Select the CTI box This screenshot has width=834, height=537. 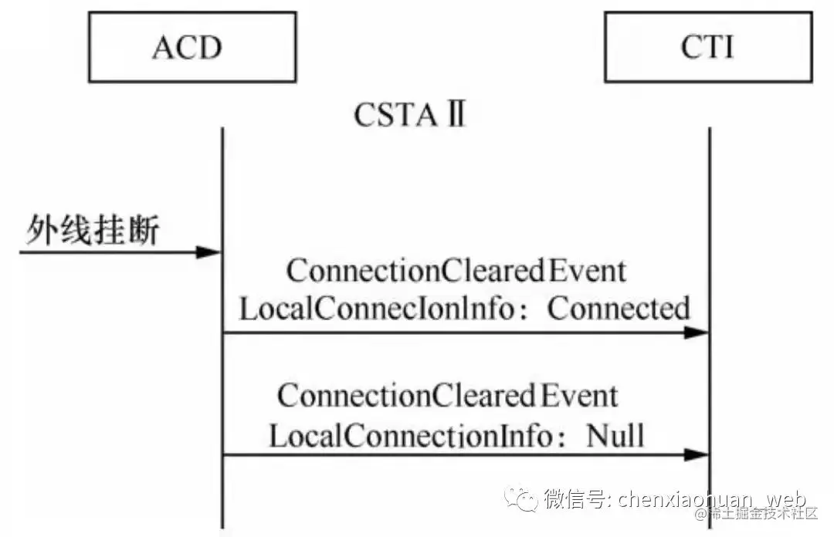coord(707,48)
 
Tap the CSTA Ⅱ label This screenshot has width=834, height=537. coord(410,116)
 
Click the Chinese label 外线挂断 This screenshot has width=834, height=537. coord(93,231)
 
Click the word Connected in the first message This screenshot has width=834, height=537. coord(619,309)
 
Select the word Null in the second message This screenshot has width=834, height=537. coord(615,435)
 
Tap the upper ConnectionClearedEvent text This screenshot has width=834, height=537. coord(456,272)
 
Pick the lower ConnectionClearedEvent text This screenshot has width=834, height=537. coord(448,397)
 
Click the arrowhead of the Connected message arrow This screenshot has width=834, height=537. coord(697,333)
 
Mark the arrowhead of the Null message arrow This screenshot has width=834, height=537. coord(697,454)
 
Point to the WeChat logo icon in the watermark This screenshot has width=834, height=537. coord(521,498)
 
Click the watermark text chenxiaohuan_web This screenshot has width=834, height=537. coord(711,498)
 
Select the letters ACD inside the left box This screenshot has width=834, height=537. coord(187,48)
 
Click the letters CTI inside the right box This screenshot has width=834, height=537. coord(707,48)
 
